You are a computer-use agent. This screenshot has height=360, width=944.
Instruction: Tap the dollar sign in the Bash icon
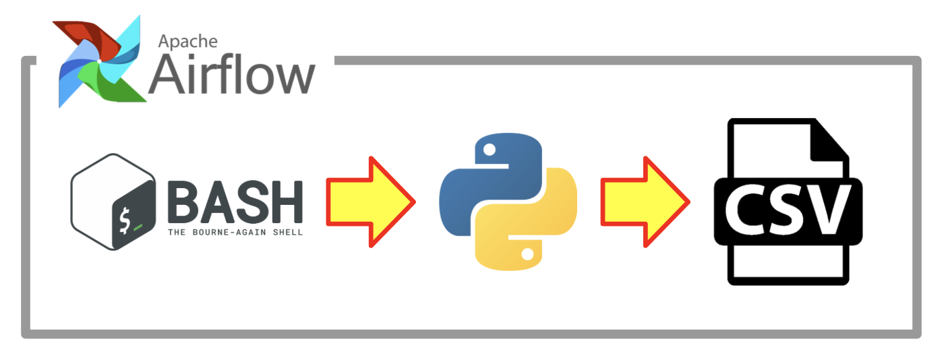click(x=123, y=220)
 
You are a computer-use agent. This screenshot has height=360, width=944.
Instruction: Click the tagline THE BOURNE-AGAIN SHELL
click(x=235, y=232)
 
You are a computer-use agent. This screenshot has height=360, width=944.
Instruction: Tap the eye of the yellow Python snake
click(x=527, y=255)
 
